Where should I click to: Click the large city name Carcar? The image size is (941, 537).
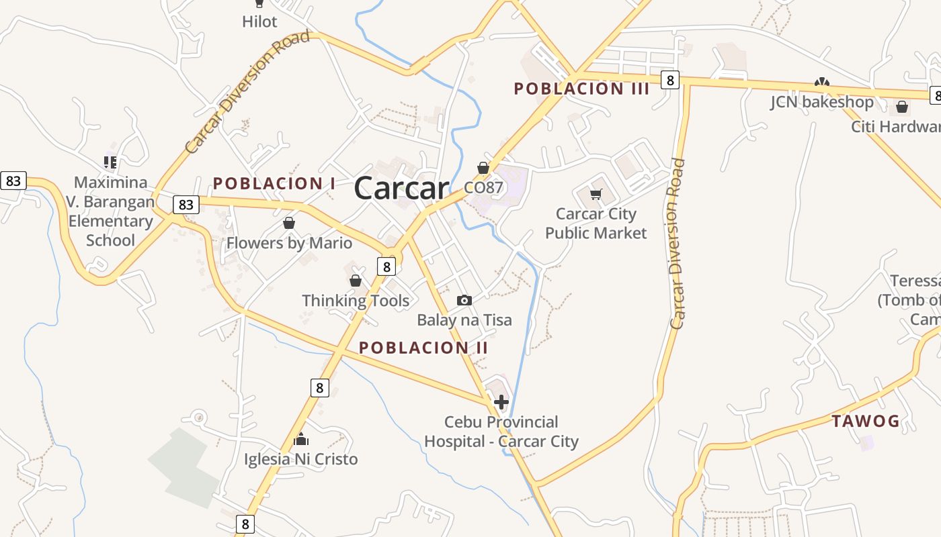tap(401, 187)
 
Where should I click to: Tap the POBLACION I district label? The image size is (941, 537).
tap(274, 183)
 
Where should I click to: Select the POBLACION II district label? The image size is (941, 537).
tap(423, 348)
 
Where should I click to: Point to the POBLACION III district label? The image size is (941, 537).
tap(581, 89)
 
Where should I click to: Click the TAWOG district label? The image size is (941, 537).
tap(866, 422)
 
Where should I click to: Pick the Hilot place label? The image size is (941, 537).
tap(259, 21)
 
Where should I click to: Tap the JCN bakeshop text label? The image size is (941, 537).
tap(821, 102)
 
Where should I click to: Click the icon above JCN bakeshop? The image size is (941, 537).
tap(821, 83)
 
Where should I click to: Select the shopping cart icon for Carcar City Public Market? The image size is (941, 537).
tap(596, 195)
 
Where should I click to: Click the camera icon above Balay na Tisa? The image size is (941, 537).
tap(464, 300)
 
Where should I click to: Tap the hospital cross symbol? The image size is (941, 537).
tap(501, 402)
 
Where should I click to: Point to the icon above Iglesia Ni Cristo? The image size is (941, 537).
tap(301, 440)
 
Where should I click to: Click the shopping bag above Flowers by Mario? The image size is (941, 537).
tap(289, 223)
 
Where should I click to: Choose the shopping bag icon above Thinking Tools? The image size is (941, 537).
tap(356, 281)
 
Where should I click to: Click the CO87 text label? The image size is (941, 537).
tap(483, 187)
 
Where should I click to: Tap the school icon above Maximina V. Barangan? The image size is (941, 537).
tap(110, 162)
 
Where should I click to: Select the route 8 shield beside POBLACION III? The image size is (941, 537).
tap(669, 80)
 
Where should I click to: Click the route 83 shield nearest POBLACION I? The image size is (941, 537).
tap(186, 204)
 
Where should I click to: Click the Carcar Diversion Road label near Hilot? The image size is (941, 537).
tap(247, 92)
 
